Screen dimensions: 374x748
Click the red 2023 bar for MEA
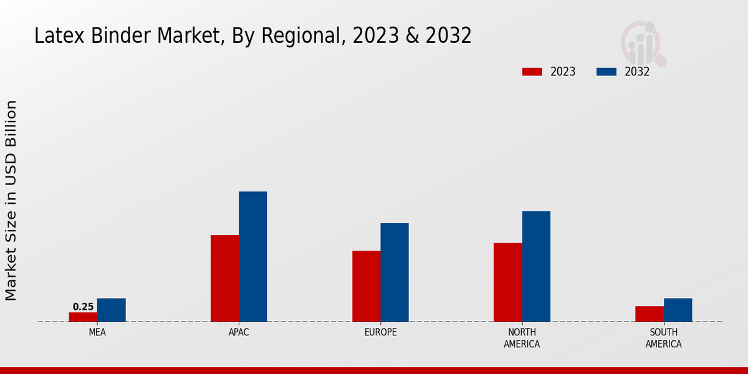pyautogui.click(x=83, y=317)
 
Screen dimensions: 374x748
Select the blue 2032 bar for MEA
pyautogui.click(x=111, y=310)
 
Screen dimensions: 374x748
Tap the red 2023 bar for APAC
pyautogui.click(x=224, y=278)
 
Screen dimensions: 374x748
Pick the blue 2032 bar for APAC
pyautogui.click(x=252, y=256)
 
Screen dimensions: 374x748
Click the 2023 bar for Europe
pyautogui.click(x=366, y=286)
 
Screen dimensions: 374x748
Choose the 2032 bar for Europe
pyautogui.click(x=395, y=272)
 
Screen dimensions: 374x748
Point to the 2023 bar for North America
pyautogui.click(x=507, y=282)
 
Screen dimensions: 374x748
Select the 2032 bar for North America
pyautogui.click(x=536, y=266)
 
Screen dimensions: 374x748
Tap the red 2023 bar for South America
pyautogui.click(x=649, y=314)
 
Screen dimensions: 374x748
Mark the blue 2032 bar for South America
pyautogui.click(x=678, y=310)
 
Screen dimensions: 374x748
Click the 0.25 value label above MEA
pyautogui.click(x=83, y=307)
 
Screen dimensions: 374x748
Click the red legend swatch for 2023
pyautogui.click(x=532, y=72)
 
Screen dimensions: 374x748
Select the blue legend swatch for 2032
pyautogui.click(x=606, y=72)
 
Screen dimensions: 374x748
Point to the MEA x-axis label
pyautogui.click(x=97, y=332)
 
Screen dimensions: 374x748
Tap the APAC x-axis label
pyautogui.click(x=239, y=332)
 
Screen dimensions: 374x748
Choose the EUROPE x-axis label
pyautogui.click(x=380, y=332)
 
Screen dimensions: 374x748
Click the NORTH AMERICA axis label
pyautogui.click(x=522, y=338)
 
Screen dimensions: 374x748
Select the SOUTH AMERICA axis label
pyautogui.click(x=663, y=338)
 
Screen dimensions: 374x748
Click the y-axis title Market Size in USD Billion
pyautogui.click(x=11, y=200)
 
